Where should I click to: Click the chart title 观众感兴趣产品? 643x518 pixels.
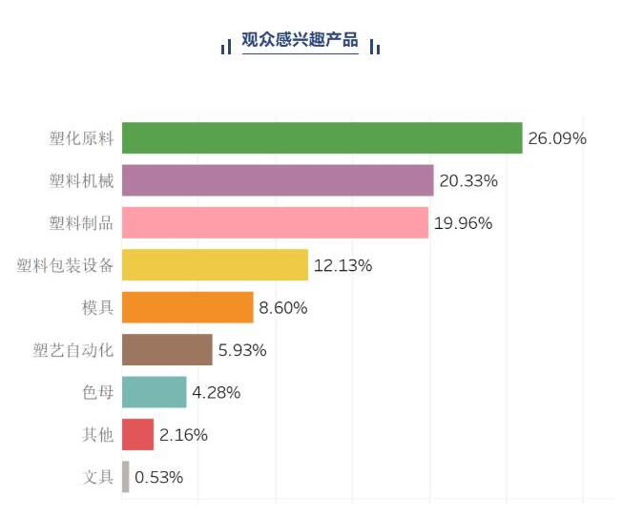pyautogui.click(x=300, y=40)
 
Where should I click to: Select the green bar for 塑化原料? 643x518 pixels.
pyautogui.click(x=321, y=138)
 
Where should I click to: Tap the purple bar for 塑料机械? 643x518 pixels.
pyautogui.click(x=278, y=180)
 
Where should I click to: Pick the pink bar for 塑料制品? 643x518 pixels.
pyautogui.click(x=275, y=223)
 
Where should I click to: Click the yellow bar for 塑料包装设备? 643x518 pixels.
pyautogui.click(x=215, y=265)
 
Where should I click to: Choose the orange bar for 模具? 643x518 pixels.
pyautogui.click(x=187, y=307)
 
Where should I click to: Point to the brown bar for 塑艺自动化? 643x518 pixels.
pyautogui.click(x=167, y=350)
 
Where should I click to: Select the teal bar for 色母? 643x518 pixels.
pyautogui.click(x=154, y=392)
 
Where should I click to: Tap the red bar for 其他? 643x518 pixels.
pyautogui.click(x=137, y=435)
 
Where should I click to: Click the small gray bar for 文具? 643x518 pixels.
pyautogui.click(x=125, y=477)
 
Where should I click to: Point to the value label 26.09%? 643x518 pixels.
pyautogui.click(x=557, y=138)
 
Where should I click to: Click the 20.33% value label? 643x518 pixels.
pyautogui.click(x=469, y=180)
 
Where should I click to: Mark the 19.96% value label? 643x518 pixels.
pyautogui.click(x=464, y=223)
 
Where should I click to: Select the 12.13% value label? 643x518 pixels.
pyautogui.click(x=343, y=265)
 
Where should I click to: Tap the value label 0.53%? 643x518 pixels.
pyautogui.click(x=159, y=477)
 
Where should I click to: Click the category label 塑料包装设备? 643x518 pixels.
pyautogui.click(x=66, y=265)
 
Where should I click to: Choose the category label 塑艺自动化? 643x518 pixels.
pyautogui.click(x=73, y=350)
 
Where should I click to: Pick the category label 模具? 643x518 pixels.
pyautogui.click(x=98, y=307)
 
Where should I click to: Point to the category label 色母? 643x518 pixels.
pyautogui.click(x=98, y=392)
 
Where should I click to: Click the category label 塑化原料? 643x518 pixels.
pyautogui.click(x=82, y=138)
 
